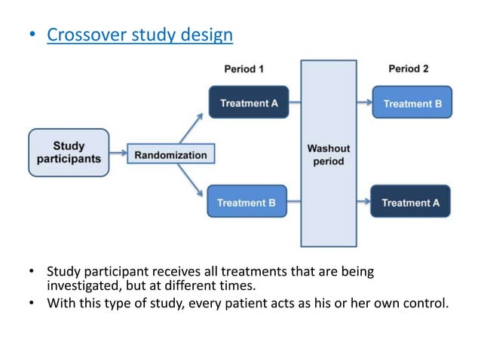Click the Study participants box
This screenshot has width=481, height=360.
pyautogui.click(x=69, y=153)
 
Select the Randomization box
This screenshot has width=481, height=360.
pyautogui.click(x=170, y=155)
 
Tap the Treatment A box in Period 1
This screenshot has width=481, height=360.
pyautogui.click(x=248, y=102)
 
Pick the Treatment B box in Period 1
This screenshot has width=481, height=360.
pyautogui.click(x=247, y=202)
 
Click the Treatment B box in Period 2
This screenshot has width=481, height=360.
pyautogui.click(x=412, y=103)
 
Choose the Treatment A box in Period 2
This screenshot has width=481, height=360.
pyautogui.click(x=411, y=202)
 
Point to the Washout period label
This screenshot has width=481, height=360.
pyautogui.click(x=329, y=154)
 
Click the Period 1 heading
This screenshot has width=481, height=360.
pyautogui.click(x=244, y=69)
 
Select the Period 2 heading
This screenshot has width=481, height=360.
pyautogui.click(x=409, y=69)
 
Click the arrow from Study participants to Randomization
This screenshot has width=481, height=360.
pyautogui.click(x=118, y=154)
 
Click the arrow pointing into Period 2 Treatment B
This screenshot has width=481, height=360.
pyautogui.click(x=364, y=102)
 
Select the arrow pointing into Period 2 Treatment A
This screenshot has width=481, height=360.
pyautogui.click(x=364, y=202)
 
